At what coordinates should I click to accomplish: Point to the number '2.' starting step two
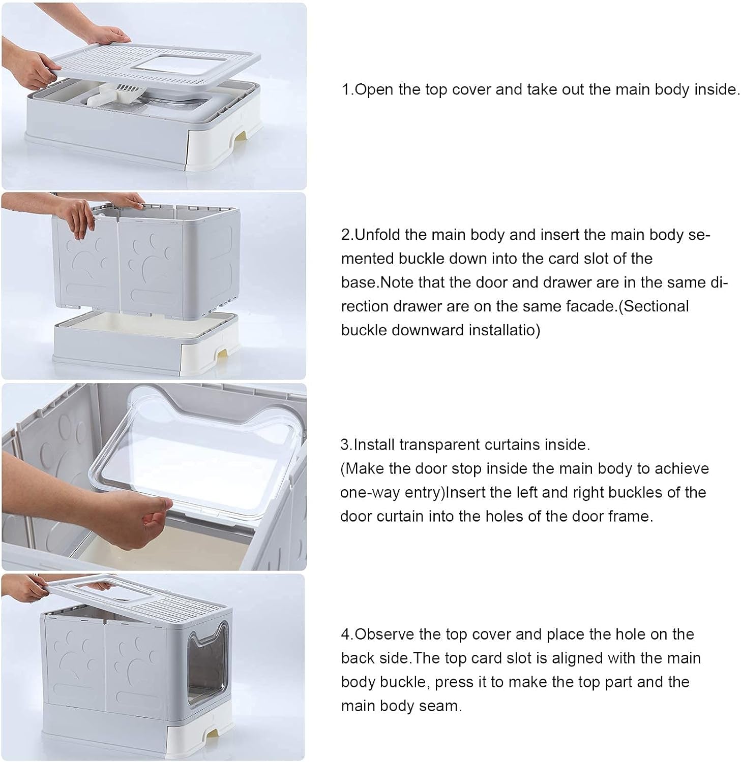[347, 235]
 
